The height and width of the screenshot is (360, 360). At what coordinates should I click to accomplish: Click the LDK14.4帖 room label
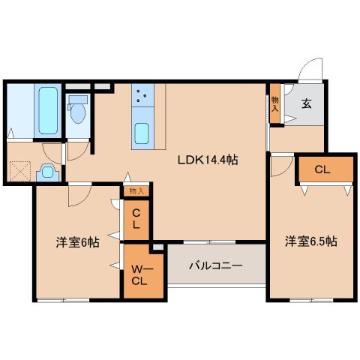click(208, 160)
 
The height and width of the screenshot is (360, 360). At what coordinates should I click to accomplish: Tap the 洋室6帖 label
click(77, 242)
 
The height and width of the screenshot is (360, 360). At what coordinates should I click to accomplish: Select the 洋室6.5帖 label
click(311, 241)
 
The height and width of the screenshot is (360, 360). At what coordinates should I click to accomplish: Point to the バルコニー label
click(215, 265)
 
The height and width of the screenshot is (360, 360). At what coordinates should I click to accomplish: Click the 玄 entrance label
click(307, 103)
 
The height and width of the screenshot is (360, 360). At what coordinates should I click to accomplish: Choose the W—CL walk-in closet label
click(139, 275)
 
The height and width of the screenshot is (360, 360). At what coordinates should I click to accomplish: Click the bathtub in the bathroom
click(48, 110)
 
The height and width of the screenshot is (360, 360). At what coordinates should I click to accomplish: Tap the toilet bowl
click(78, 111)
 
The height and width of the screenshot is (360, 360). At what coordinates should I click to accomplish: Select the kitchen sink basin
click(142, 133)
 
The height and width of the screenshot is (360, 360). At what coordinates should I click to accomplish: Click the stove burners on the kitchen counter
click(141, 96)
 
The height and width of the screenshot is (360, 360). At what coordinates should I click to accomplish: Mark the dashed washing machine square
click(20, 171)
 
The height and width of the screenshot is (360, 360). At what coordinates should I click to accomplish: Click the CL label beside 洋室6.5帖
click(322, 169)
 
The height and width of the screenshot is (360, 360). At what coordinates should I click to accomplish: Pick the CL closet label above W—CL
click(136, 219)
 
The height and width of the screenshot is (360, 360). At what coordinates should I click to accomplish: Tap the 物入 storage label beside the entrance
click(275, 104)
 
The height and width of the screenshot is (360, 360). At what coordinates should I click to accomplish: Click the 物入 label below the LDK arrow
click(136, 191)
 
